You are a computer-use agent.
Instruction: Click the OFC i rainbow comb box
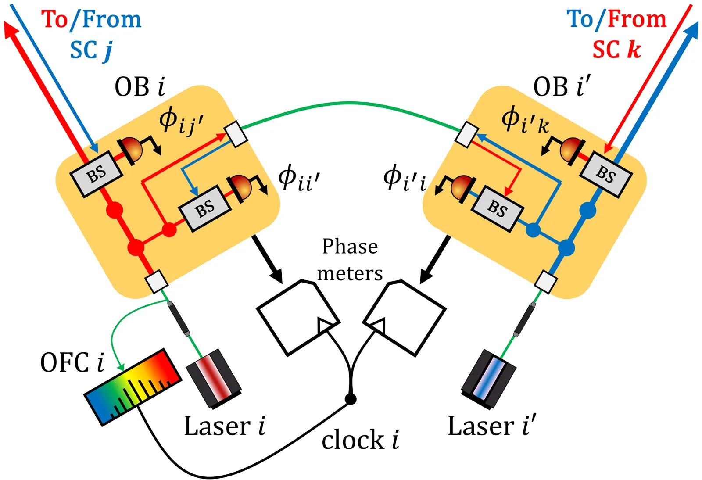[x=133, y=387]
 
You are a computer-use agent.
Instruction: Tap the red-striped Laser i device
[x=214, y=378]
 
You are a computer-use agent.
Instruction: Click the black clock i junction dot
[x=350, y=399]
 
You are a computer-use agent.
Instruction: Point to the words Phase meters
[x=350, y=260]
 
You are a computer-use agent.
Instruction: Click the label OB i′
[x=562, y=86]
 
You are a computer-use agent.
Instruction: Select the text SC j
[x=91, y=50]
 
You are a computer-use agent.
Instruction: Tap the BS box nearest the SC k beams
[x=606, y=174]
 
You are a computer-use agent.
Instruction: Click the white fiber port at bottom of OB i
[x=157, y=281]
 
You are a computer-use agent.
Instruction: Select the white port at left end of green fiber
[x=236, y=134]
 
